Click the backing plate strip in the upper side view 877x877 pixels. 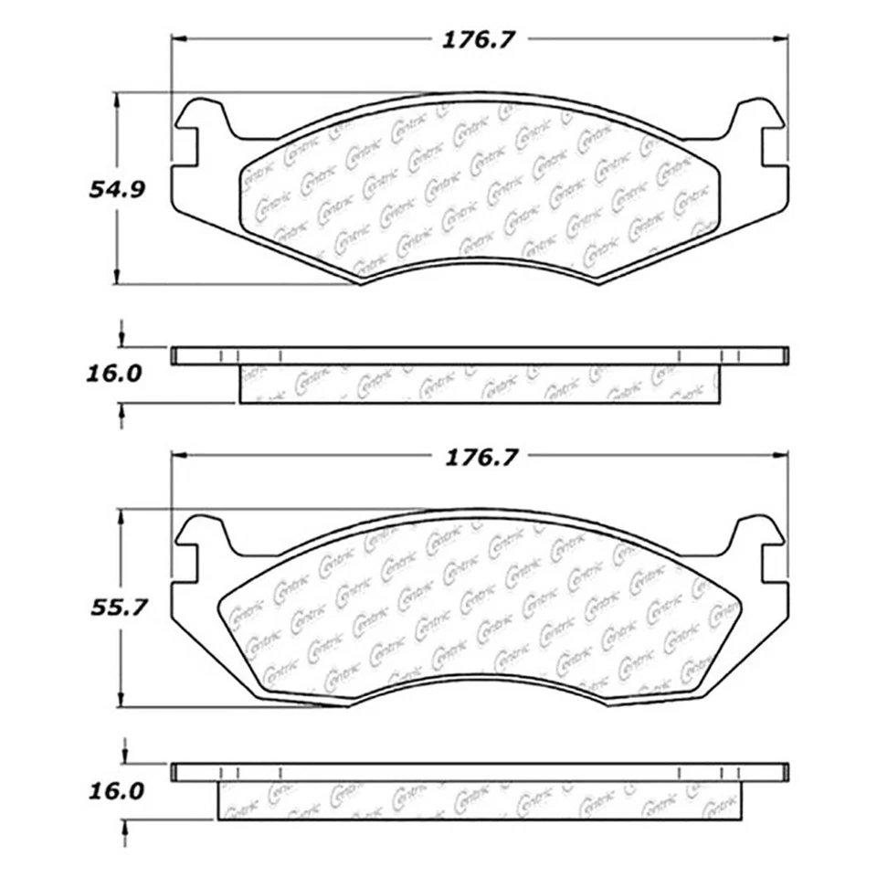480,355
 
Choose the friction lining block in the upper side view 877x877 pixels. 480,384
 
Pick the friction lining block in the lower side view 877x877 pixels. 480,801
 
